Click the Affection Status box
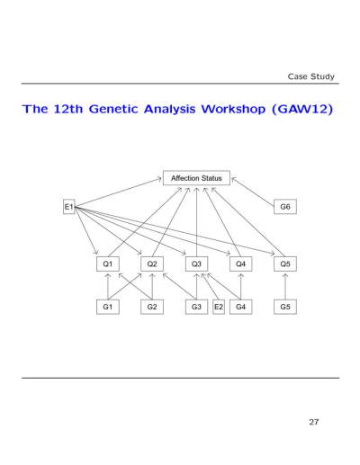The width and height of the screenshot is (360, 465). point(196,178)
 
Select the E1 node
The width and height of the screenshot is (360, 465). point(69,207)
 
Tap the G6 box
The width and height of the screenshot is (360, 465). point(285,207)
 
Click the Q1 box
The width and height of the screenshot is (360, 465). point(108,264)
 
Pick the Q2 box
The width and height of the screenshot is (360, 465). point(152,264)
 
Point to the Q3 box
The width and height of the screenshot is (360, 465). point(196,264)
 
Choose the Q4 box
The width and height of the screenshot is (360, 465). point(240,264)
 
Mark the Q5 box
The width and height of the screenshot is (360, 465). point(285,264)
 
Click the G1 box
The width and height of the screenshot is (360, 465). point(108,307)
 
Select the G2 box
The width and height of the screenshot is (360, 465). point(152,307)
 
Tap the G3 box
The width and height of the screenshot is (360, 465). point(196,307)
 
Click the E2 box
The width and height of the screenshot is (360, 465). point(219,307)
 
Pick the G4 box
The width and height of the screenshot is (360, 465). point(240,307)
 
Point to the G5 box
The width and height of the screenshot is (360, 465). point(285,307)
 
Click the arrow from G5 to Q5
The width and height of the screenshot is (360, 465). point(285,286)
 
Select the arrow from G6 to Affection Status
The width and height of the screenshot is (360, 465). point(253,192)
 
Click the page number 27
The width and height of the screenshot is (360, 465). point(314,422)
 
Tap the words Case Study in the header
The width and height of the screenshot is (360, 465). point(311,76)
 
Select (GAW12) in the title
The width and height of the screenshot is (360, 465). point(302,109)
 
